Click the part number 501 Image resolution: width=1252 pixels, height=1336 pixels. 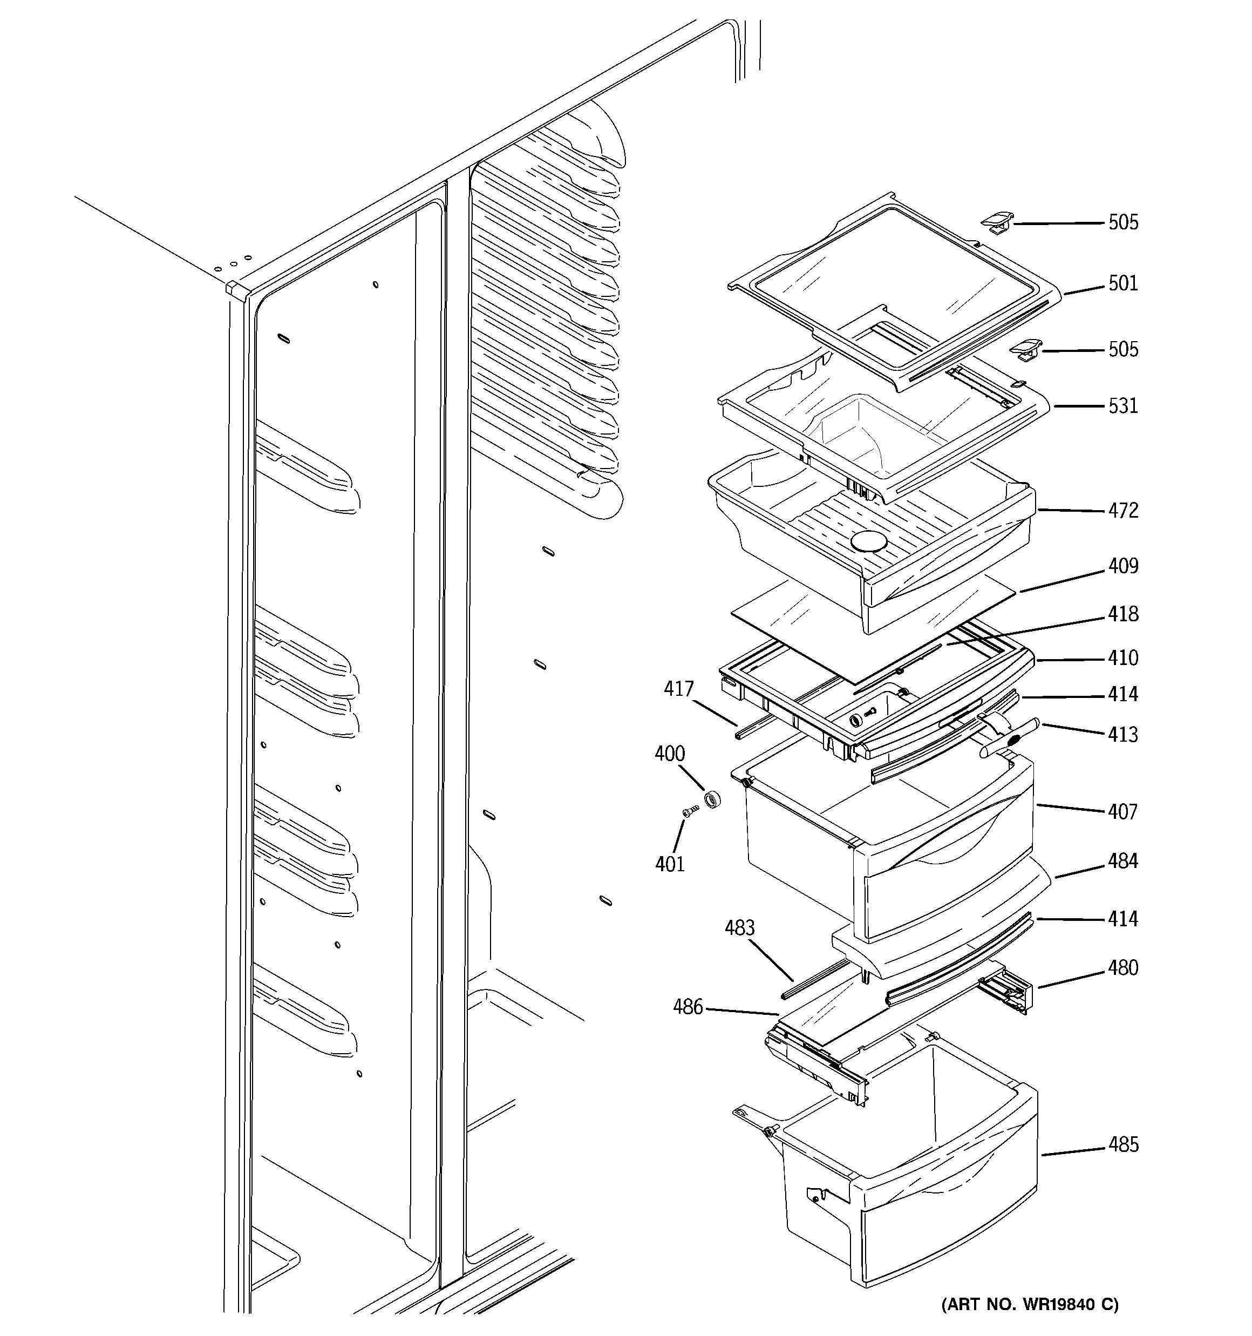1123,283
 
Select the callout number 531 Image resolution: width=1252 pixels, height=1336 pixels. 1123,406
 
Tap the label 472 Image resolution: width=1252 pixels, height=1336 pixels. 1123,511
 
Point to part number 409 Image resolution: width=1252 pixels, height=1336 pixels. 1123,567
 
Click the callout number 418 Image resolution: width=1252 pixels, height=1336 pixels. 1123,614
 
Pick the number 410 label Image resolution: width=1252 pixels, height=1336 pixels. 1123,658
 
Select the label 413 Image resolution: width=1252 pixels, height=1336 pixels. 1123,735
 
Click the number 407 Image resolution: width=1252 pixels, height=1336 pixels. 1123,812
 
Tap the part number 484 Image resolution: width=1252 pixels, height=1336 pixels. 1123,861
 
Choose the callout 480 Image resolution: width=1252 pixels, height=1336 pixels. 1123,968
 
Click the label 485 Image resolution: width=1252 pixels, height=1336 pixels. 1123,1144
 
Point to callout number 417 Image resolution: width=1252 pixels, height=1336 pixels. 678,689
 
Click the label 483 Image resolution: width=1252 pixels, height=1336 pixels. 739,928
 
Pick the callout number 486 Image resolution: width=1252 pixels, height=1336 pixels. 688,1007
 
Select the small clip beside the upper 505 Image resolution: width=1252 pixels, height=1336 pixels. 997,222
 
